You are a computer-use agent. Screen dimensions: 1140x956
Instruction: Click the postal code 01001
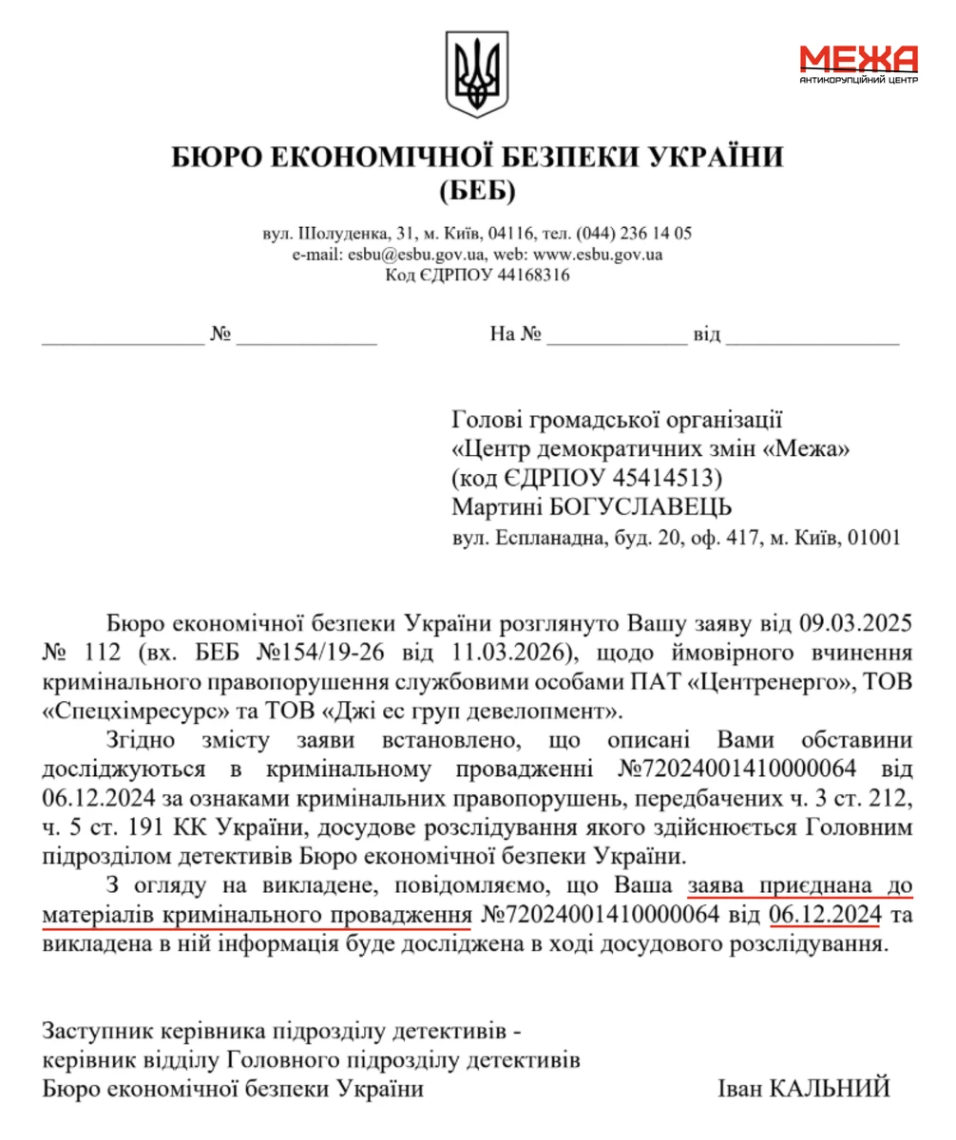coord(870,538)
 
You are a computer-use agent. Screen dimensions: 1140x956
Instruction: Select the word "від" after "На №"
coord(708,334)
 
